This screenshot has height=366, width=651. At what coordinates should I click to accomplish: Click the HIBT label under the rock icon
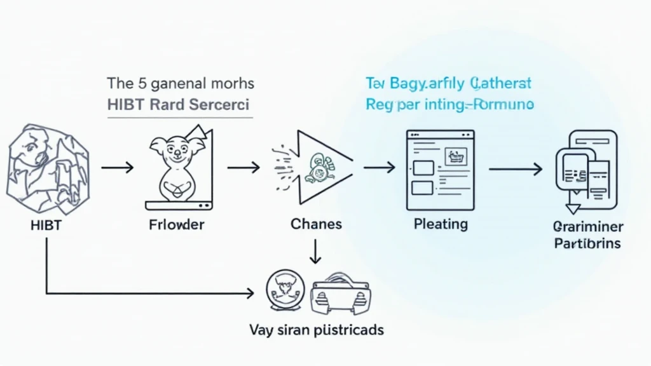pos(45,225)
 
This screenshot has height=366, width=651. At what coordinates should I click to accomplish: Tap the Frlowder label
pos(176,225)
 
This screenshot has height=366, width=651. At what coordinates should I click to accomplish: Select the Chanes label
pos(316,224)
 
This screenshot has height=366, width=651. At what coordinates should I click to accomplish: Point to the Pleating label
pos(441,224)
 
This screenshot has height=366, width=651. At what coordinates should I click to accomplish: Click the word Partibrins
pos(587,243)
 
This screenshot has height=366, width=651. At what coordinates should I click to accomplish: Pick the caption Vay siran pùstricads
pos(316,330)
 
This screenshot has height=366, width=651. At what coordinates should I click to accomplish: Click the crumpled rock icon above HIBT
pos(48,167)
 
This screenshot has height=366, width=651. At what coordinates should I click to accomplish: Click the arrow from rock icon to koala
pos(118,168)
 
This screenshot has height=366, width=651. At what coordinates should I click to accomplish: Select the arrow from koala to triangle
pos(243,168)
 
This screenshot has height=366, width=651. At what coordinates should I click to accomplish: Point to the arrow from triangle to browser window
pos(379,168)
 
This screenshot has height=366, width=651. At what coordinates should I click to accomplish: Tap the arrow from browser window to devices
pos(515,169)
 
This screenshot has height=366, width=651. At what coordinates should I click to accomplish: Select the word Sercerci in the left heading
pos(219,104)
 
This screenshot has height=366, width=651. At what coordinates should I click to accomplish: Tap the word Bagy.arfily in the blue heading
pos(423,83)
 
